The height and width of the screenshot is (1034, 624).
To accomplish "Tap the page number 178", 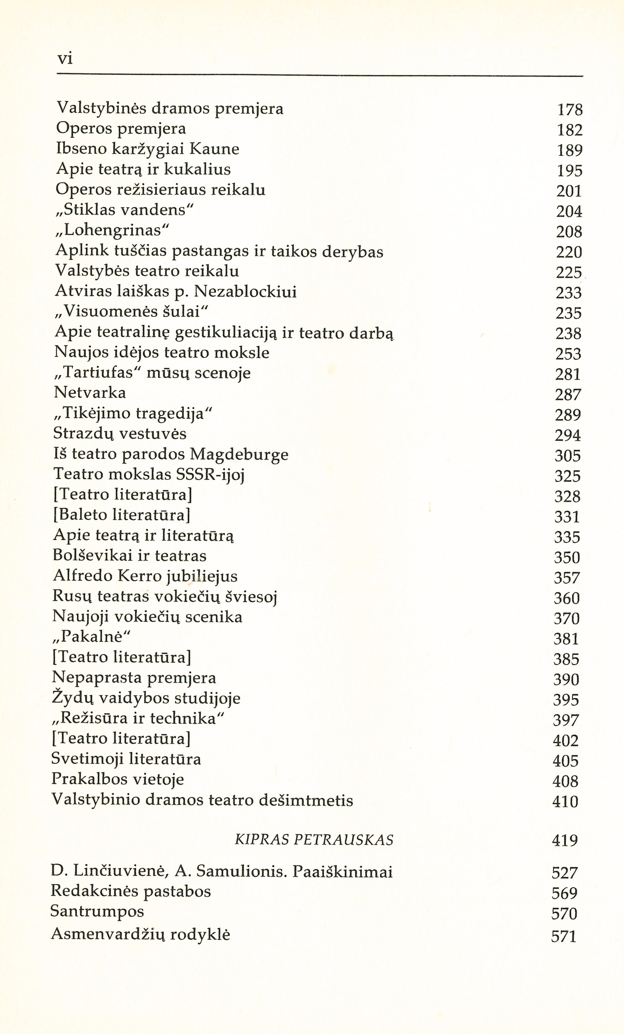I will click(x=570, y=110).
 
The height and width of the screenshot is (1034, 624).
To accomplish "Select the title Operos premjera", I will click(x=121, y=129).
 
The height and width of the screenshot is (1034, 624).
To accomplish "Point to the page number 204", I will click(x=569, y=212).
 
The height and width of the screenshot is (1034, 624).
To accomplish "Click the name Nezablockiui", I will click(x=246, y=292).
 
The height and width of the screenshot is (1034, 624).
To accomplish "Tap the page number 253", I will click(x=568, y=354).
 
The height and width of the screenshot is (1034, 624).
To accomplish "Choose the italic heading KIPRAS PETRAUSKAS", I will click(x=314, y=840).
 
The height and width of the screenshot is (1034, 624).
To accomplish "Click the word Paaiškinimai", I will click(x=342, y=872).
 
